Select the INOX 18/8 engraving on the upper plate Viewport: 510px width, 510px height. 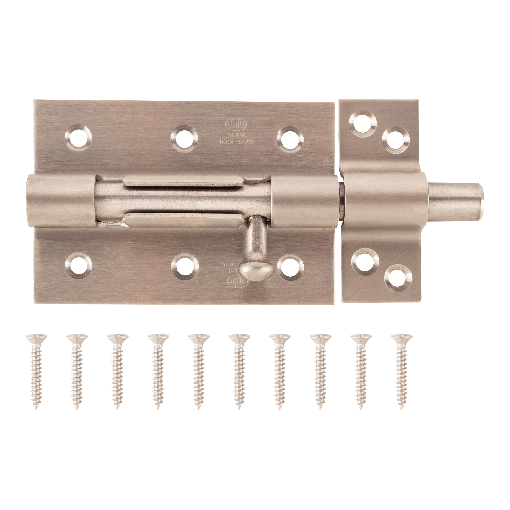point(232,142)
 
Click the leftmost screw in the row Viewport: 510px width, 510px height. point(37,372)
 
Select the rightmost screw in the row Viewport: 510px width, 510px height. point(401,372)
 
